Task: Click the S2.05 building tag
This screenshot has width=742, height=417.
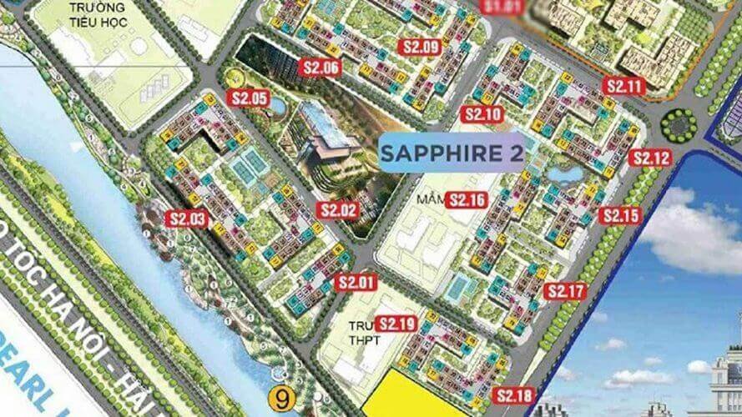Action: click(x=250, y=98)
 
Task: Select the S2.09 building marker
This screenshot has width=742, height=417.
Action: click(x=420, y=48)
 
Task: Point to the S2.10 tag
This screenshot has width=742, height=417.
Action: click(x=484, y=114)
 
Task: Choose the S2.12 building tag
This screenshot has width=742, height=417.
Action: click(x=652, y=158)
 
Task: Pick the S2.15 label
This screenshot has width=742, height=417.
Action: click(x=621, y=216)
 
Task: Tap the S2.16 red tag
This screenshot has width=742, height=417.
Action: click(x=467, y=199)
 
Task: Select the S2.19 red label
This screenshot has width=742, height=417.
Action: click(x=396, y=323)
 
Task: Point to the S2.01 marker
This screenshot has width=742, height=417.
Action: click(x=356, y=282)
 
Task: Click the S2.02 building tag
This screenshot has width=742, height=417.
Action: click(x=338, y=211)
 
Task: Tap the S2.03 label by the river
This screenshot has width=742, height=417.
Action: click(x=187, y=219)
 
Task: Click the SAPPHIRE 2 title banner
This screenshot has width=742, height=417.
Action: click(x=452, y=153)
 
